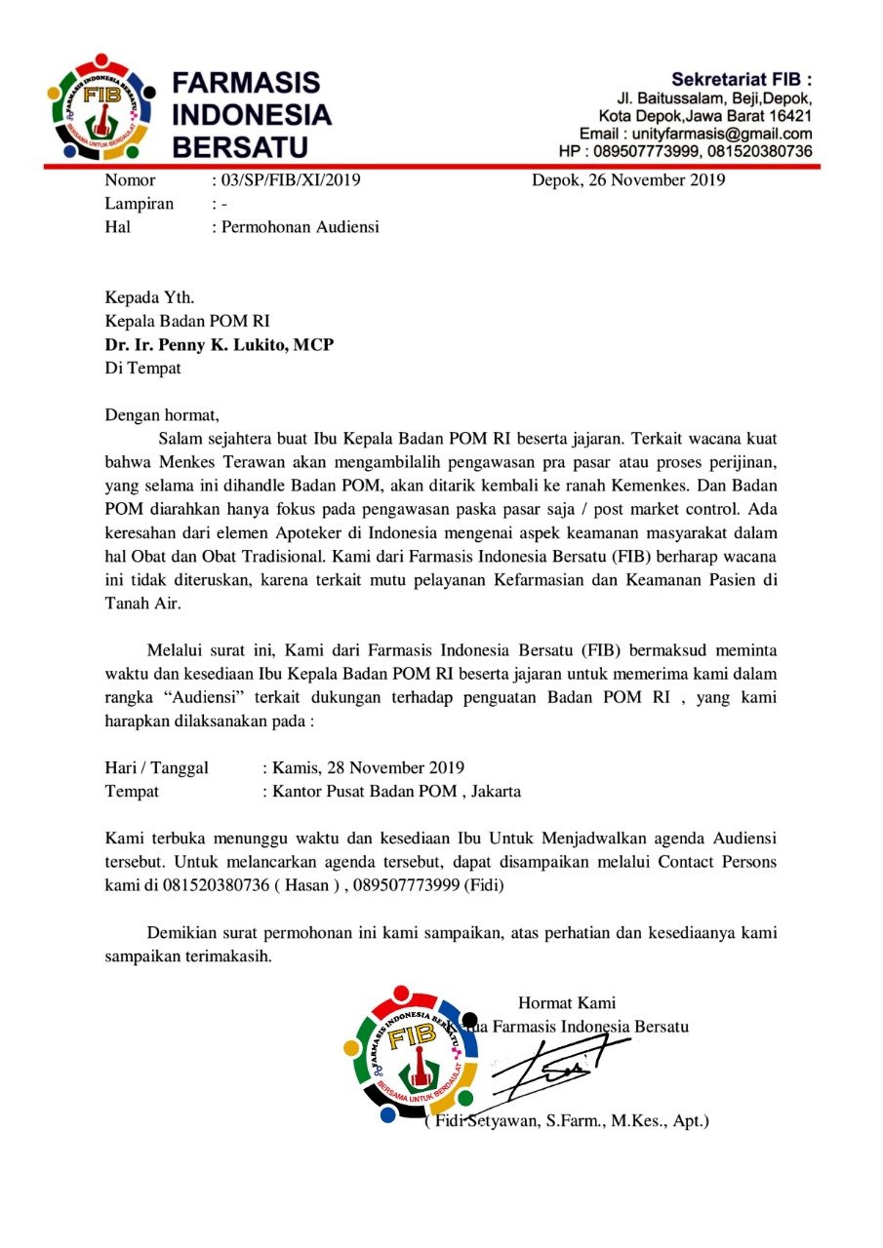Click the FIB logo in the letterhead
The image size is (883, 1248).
(x=100, y=107)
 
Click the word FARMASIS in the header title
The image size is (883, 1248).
(x=247, y=83)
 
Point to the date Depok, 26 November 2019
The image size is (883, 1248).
(x=627, y=179)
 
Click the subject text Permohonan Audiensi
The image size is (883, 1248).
(x=300, y=227)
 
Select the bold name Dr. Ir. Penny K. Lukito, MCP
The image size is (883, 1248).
(x=220, y=345)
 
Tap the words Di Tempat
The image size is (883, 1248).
(x=142, y=369)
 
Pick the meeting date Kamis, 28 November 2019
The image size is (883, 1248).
(x=366, y=767)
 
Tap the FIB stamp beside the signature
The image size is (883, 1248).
(x=410, y=1053)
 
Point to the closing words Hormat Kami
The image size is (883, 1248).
(x=567, y=1001)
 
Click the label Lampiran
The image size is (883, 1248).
(x=139, y=204)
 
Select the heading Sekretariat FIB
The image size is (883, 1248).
(x=742, y=79)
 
